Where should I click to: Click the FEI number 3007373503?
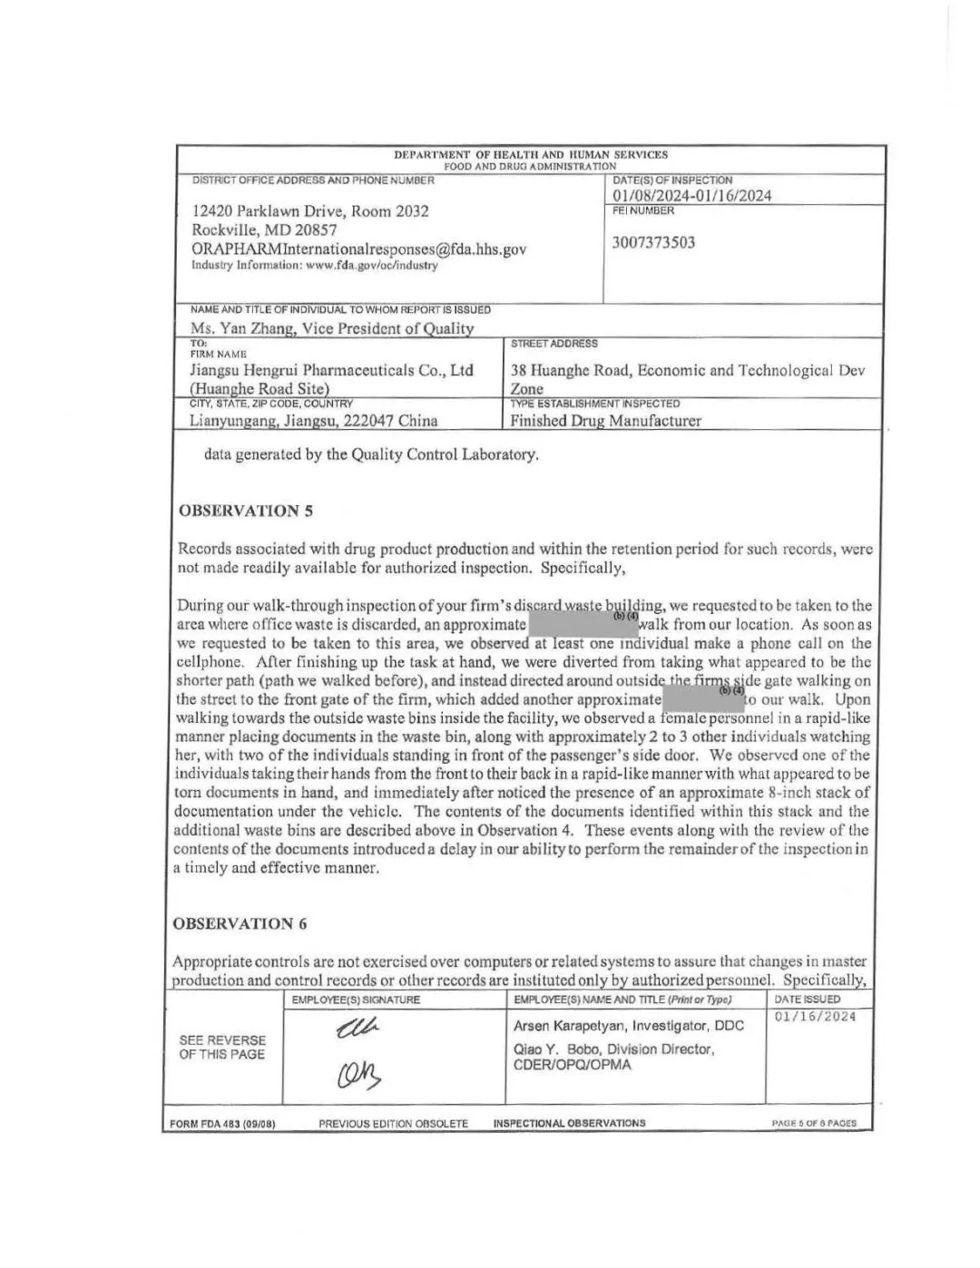(x=653, y=242)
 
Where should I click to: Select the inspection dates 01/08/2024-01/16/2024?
(x=691, y=196)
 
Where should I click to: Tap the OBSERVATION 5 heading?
(x=246, y=511)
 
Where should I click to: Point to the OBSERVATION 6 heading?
(x=240, y=923)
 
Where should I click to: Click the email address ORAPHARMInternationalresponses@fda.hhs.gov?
(x=358, y=249)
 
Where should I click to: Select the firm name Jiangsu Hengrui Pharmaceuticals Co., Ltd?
(x=331, y=370)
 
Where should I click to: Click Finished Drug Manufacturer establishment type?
(x=605, y=421)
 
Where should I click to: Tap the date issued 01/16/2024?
(x=815, y=1016)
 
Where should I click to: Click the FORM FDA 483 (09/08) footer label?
(x=222, y=1124)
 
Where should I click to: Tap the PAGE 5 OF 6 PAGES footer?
(x=813, y=1123)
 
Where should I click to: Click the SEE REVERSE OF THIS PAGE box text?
(x=222, y=1047)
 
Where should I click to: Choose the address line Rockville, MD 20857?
(x=264, y=230)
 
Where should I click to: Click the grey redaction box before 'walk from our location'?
(x=582, y=624)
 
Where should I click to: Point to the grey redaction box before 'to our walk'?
(x=703, y=699)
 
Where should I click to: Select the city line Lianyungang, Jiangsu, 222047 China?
(x=313, y=421)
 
